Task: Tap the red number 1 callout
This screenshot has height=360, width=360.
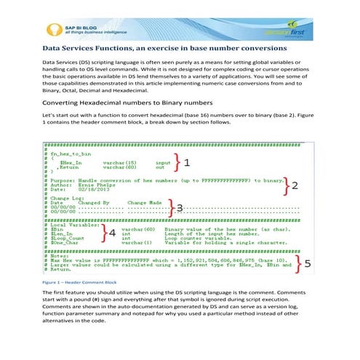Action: click(186, 163)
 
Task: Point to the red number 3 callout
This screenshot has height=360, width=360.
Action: click(180, 208)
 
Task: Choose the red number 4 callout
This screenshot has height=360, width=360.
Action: click(113, 233)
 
